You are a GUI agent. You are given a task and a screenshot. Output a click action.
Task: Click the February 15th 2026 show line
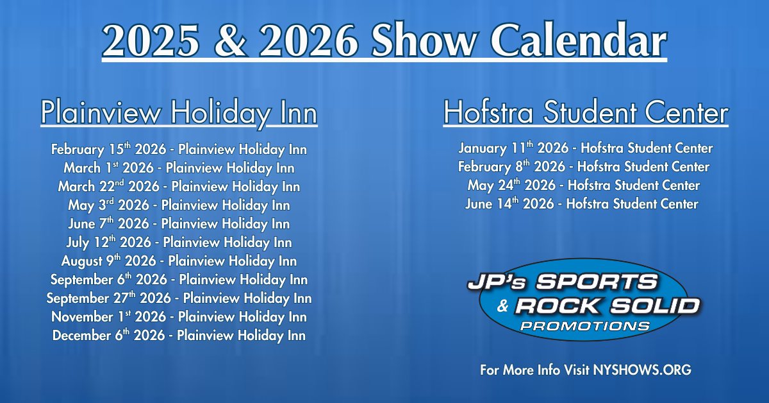tap(179, 150)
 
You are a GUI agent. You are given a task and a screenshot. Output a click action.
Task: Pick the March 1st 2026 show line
tap(179, 168)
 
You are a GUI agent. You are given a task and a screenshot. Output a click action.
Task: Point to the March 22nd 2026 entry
tap(179, 187)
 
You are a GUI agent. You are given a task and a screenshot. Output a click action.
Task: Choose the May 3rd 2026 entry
tap(179, 205)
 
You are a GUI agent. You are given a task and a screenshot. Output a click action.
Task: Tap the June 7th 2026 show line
tap(179, 224)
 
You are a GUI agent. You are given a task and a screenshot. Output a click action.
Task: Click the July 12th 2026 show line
tap(179, 243)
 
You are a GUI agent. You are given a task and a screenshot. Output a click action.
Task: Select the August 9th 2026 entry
tap(179, 261)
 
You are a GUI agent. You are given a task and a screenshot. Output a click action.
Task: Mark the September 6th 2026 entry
tap(179, 280)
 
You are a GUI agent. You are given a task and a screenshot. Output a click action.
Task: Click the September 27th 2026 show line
tap(179, 298)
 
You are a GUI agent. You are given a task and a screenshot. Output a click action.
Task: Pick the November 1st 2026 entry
tap(179, 317)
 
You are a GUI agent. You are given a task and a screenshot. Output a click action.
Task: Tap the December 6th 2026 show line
tap(179, 336)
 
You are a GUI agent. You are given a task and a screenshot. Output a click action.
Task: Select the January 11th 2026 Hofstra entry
tap(585, 148)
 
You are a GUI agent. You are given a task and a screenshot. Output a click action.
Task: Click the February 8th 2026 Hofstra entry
tap(584, 167)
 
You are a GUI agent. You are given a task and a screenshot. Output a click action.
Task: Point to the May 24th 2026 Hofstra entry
tap(584, 185)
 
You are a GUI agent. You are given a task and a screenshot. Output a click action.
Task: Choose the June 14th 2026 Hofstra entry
tap(582, 204)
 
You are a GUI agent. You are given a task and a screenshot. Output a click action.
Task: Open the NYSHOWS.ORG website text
tap(642, 370)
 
